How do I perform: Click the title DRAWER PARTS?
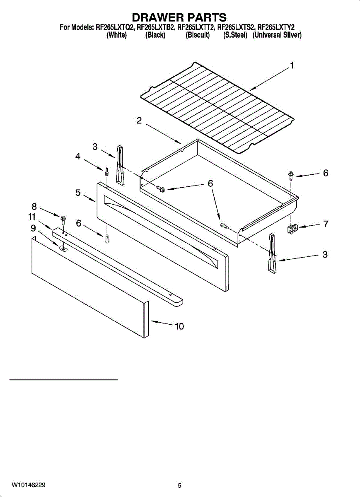point(179,17)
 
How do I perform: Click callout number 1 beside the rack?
point(292,66)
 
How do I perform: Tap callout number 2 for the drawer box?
point(139,121)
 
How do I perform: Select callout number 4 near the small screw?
point(77,157)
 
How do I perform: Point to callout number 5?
point(78,192)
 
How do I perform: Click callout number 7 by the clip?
point(326,224)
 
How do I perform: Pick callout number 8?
point(34,206)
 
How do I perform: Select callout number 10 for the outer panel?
point(179,326)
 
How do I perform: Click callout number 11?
point(32,217)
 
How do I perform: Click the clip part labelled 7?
point(293,228)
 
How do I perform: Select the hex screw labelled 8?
point(63,218)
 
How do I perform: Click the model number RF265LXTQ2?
point(114,28)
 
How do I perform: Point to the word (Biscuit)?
point(198,36)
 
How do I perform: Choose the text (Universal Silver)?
point(277,36)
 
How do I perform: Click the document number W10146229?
point(29,485)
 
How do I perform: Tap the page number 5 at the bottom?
point(179,485)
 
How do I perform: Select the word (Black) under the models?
point(155,36)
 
